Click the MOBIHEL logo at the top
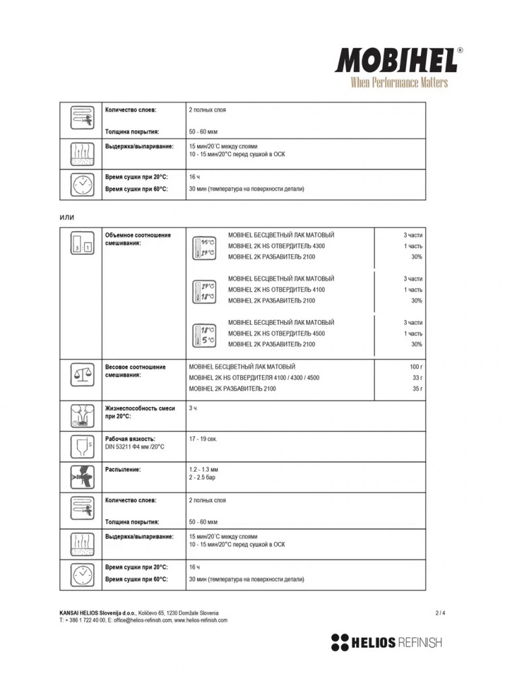[397, 61]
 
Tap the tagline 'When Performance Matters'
[399, 83]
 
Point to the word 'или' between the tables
[67, 216]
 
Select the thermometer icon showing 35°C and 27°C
[204, 247]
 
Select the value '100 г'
[415, 367]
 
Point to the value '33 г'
[417, 377]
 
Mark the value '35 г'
[417, 389]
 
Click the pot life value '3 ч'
[193, 408]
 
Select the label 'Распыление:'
[123, 469]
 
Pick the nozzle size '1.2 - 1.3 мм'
[205, 469]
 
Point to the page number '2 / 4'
[440, 613]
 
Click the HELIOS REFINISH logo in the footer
[386, 642]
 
